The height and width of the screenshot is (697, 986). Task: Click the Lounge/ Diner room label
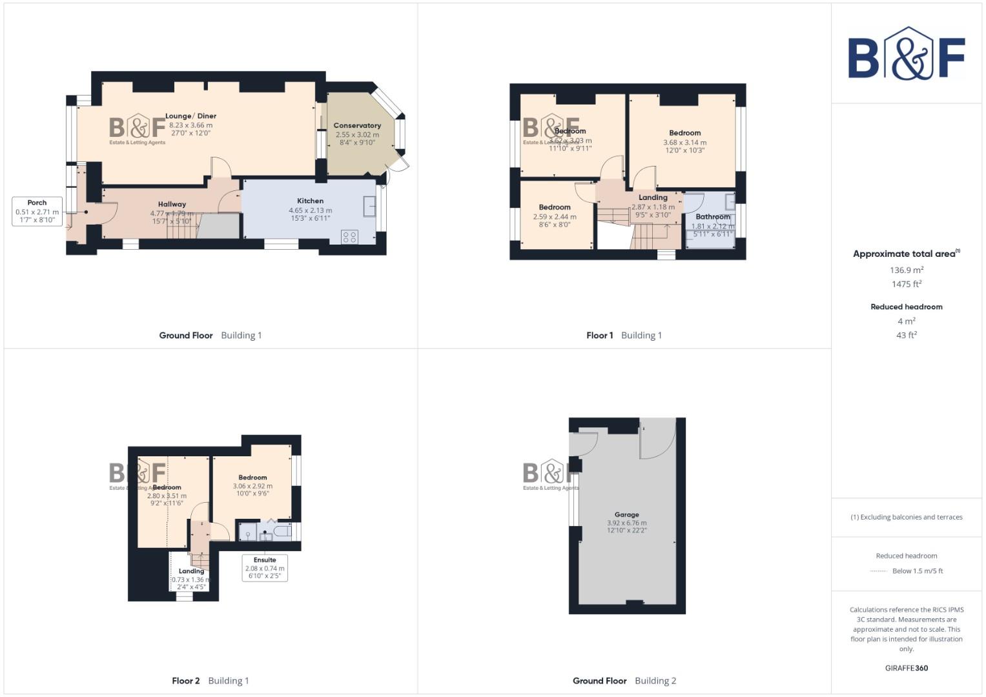click(190, 116)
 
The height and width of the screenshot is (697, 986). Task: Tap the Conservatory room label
click(357, 125)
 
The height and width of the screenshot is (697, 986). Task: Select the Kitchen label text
click(310, 201)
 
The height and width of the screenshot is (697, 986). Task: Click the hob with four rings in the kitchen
click(349, 237)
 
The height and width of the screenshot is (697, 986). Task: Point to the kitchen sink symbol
click(370, 207)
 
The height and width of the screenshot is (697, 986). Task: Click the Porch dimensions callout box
click(37, 212)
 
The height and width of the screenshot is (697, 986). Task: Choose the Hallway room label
click(172, 204)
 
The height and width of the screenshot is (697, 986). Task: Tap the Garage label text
click(626, 515)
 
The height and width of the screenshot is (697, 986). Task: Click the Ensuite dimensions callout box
click(265, 568)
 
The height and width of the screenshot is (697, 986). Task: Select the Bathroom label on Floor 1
click(712, 217)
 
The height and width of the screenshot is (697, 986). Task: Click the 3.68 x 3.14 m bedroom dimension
click(684, 143)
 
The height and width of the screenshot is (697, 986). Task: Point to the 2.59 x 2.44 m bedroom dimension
click(555, 217)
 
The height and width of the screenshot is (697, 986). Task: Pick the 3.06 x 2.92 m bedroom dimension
click(252, 486)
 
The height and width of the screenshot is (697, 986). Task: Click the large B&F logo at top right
click(906, 54)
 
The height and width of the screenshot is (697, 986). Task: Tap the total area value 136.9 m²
click(906, 270)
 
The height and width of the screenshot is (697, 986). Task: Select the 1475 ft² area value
click(906, 284)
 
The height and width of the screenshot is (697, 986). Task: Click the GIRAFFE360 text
click(906, 668)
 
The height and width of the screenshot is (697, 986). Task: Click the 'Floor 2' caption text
click(186, 680)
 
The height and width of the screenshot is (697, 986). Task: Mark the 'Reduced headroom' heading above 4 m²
click(906, 307)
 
